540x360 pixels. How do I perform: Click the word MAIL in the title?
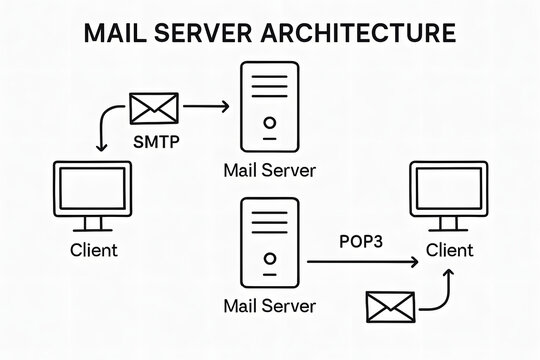pyautogui.click(x=115, y=32)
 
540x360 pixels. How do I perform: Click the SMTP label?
pyautogui.click(x=156, y=141)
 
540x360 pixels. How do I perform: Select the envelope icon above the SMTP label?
pyautogui.click(x=154, y=108)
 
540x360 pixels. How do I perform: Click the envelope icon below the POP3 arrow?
pyautogui.click(x=390, y=309)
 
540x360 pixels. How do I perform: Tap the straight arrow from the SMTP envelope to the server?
pyautogui.click(x=207, y=105)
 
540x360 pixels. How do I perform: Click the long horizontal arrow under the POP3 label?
pyautogui.click(x=360, y=263)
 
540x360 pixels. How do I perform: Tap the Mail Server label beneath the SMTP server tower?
pyautogui.click(x=269, y=170)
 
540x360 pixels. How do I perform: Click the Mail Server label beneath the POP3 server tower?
pyautogui.click(x=269, y=305)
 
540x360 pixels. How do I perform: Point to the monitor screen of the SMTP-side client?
pyautogui.click(x=92, y=190)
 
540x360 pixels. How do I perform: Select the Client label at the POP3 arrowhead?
pyautogui.click(x=449, y=249)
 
